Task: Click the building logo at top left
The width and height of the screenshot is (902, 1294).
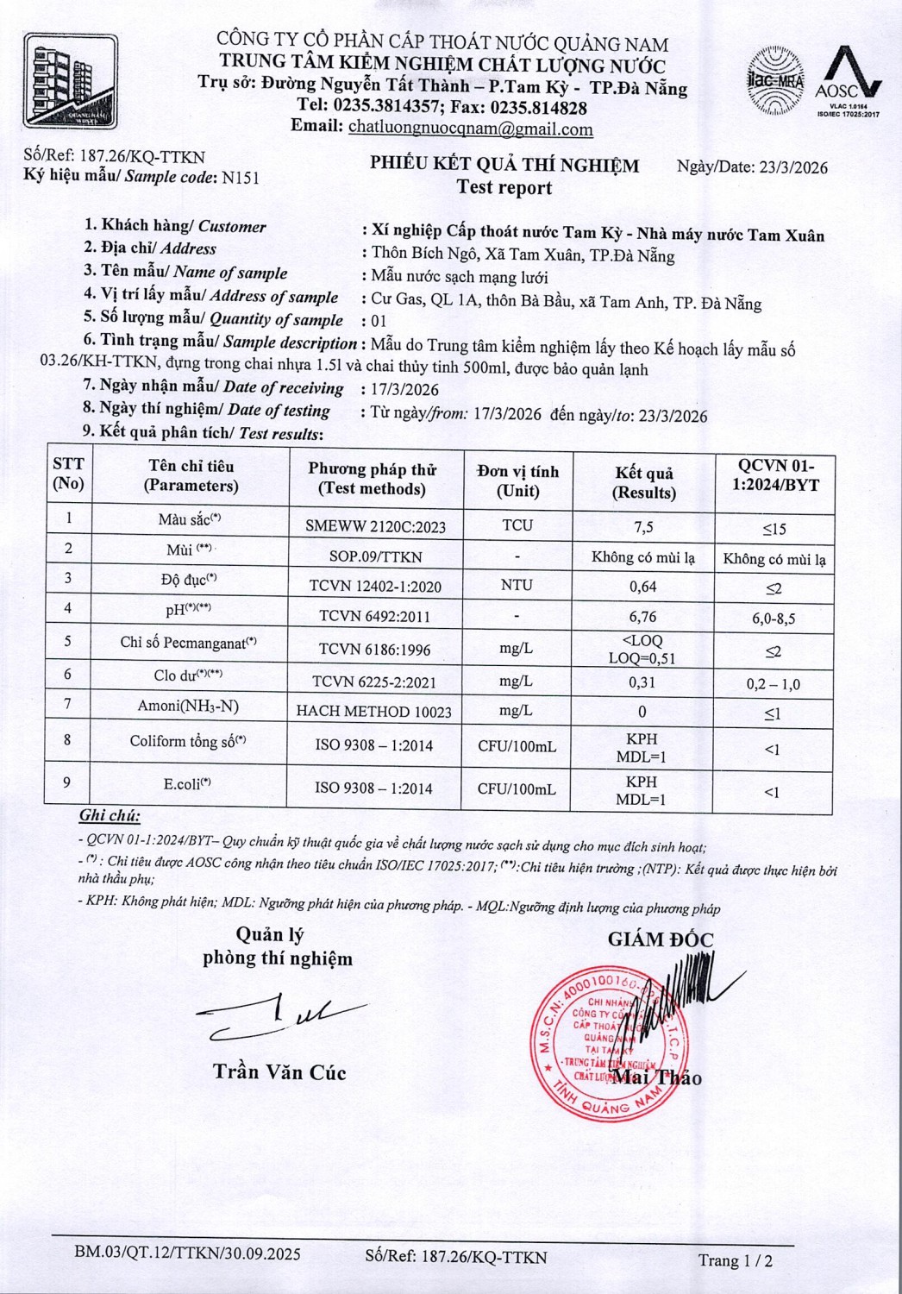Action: click(x=70, y=80)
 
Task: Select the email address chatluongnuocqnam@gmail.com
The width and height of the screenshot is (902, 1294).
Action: click(x=470, y=129)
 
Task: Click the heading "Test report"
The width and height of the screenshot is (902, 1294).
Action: click(x=504, y=188)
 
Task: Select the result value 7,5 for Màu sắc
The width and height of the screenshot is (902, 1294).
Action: click(x=642, y=526)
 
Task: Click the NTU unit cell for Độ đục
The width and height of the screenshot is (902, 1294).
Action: click(x=517, y=585)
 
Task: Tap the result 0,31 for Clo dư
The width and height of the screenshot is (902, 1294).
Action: click(x=642, y=682)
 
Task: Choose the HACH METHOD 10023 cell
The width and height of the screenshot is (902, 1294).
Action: click(x=374, y=712)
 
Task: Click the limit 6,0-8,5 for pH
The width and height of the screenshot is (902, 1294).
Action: click(x=773, y=619)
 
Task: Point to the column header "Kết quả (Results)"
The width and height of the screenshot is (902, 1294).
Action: click(x=643, y=482)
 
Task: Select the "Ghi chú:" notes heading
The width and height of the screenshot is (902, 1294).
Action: click(x=110, y=815)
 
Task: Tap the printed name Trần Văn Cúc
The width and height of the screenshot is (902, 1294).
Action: click(x=279, y=1072)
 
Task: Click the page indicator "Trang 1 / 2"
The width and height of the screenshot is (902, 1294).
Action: click(x=735, y=1260)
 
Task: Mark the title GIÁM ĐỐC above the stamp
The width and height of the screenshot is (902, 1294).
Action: click(x=661, y=939)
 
